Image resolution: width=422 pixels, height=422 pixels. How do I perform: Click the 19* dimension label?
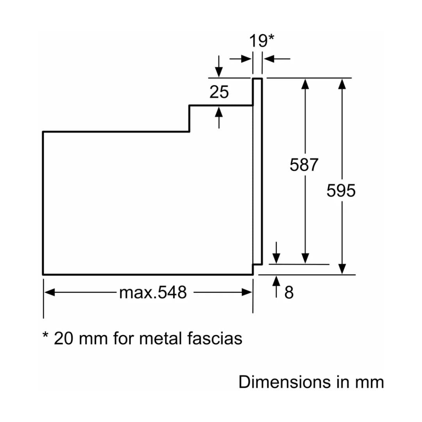pyautogui.click(x=262, y=41)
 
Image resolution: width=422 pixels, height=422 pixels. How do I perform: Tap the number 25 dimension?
pyautogui.click(x=219, y=92)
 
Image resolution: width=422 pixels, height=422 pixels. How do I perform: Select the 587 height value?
pyautogui.click(x=304, y=165)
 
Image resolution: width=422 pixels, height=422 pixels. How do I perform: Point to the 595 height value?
pyautogui.click(x=341, y=191)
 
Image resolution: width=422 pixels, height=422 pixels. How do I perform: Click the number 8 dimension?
pyautogui.click(x=289, y=292)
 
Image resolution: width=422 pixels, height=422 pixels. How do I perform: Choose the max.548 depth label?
pyautogui.click(x=153, y=292)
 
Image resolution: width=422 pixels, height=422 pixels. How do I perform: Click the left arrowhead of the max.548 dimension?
pyautogui.click(x=49, y=292)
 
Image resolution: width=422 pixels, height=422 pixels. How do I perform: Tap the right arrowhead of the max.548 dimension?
pyautogui.click(x=247, y=292)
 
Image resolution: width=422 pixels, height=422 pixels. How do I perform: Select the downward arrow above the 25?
pyautogui.click(x=219, y=72)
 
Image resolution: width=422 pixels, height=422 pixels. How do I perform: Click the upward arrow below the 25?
pyautogui.click(x=219, y=112)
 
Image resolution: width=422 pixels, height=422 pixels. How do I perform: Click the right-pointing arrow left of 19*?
pyautogui.click(x=246, y=59)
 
